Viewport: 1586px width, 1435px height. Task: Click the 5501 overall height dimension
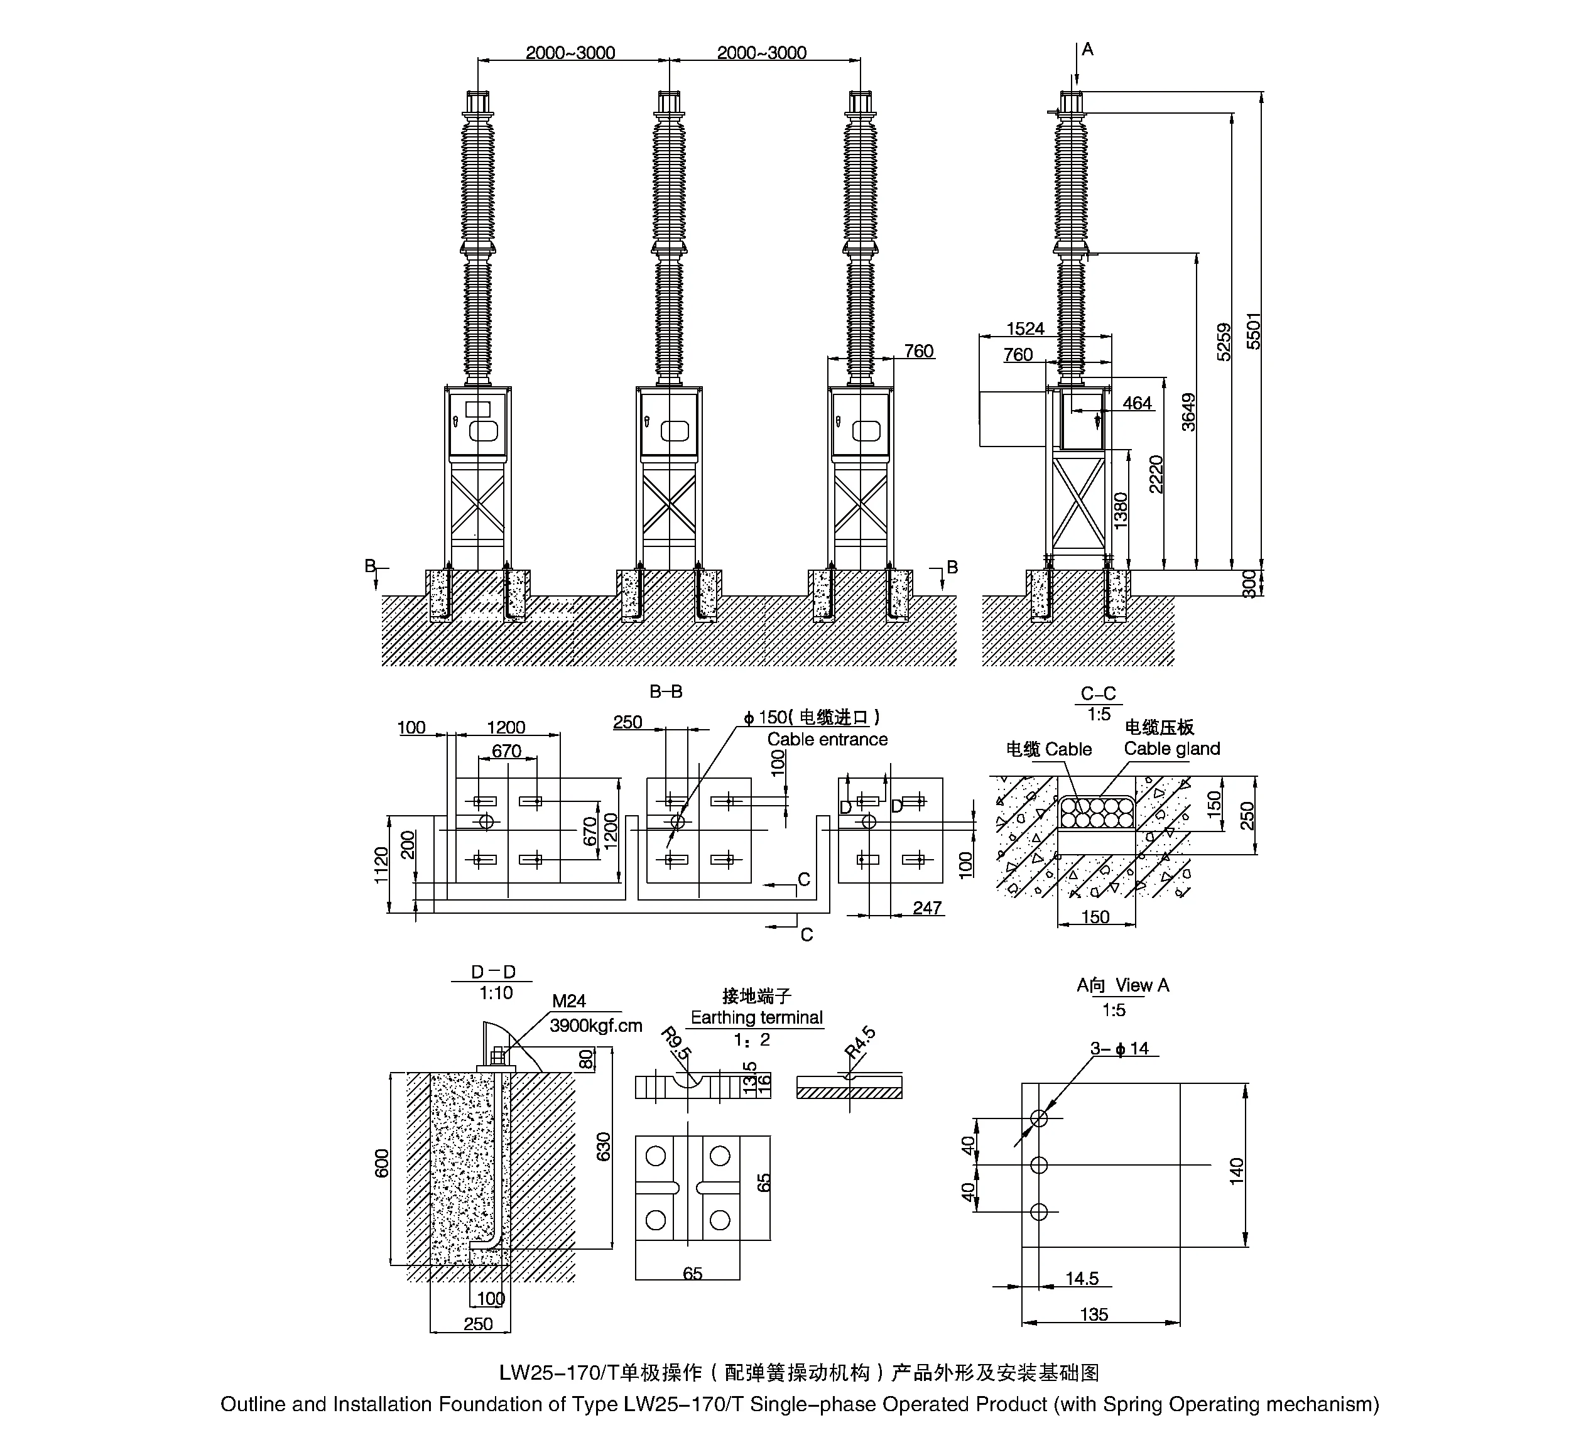pos(1253,331)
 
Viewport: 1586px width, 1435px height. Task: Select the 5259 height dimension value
pos(1224,342)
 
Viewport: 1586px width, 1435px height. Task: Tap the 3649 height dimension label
pos(1188,412)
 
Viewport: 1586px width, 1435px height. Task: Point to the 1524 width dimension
pos(1025,329)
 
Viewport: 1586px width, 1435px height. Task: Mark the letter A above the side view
pos(1087,50)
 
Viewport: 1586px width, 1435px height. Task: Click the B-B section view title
pos(666,691)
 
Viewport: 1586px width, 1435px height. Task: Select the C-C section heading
pos(1098,694)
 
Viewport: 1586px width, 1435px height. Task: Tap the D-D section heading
pos(493,972)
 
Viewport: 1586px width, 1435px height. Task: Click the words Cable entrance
pos(827,740)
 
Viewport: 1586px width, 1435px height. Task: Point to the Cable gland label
pos(1171,749)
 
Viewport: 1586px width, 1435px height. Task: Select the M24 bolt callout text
pos(569,1000)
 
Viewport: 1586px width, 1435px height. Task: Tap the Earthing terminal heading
pos(756,1017)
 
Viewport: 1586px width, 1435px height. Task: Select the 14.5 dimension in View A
pos(1082,1279)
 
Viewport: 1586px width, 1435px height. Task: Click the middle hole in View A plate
pos(1038,1164)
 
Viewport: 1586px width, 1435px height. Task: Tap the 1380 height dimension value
pos(1121,510)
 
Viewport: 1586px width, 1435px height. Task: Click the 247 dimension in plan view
pos(926,908)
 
